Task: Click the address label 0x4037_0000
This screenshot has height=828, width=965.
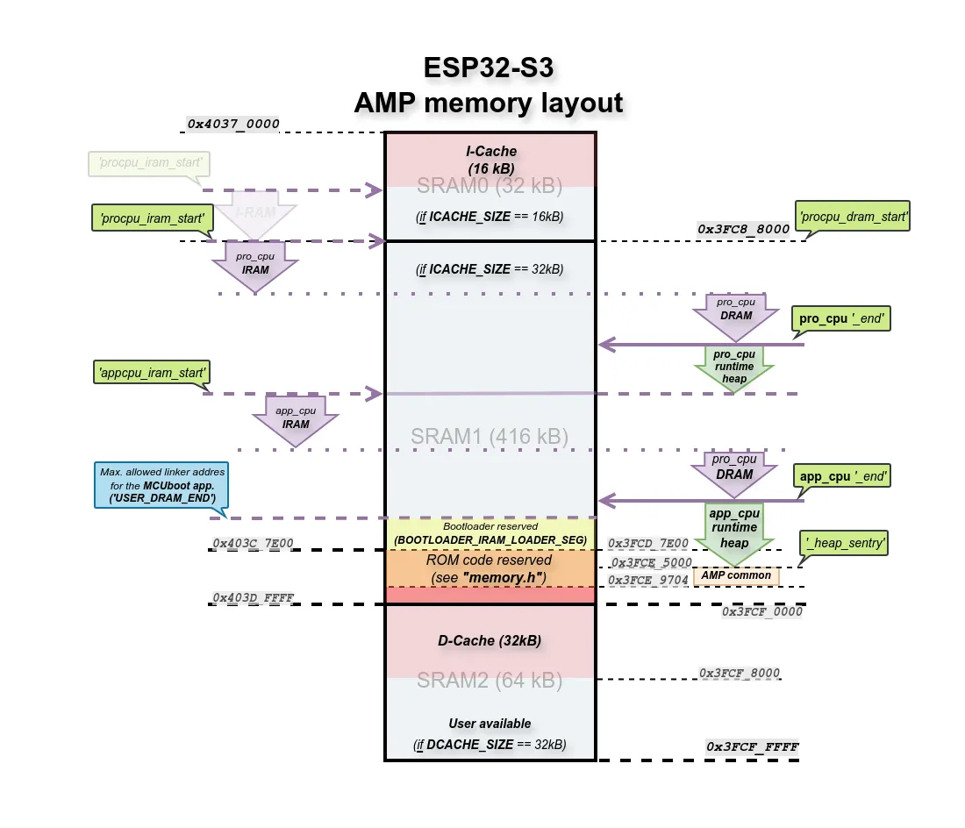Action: click(x=233, y=124)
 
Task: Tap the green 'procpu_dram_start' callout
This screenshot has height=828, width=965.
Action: click(x=853, y=216)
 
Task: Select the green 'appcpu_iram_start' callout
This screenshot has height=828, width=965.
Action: click(x=152, y=373)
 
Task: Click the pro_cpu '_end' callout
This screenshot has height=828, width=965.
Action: click(x=841, y=319)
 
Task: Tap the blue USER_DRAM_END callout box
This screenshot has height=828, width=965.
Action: click(x=162, y=484)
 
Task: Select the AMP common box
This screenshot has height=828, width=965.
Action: click(x=736, y=575)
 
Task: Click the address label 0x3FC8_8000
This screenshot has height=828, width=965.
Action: click(x=743, y=229)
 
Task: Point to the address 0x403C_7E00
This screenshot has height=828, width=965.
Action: click(x=253, y=544)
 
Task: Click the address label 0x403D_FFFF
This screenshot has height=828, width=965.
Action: click(x=253, y=598)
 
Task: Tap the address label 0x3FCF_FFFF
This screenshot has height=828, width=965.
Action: click(x=753, y=747)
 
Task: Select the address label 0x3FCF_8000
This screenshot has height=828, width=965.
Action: click(x=739, y=673)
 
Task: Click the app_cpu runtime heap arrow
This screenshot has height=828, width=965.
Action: click(x=733, y=528)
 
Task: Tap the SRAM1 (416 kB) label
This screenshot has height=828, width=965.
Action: click(x=490, y=436)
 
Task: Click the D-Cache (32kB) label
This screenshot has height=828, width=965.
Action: click(x=490, y=640)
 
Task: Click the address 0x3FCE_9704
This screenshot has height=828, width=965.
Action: click(x=649, y=580)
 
